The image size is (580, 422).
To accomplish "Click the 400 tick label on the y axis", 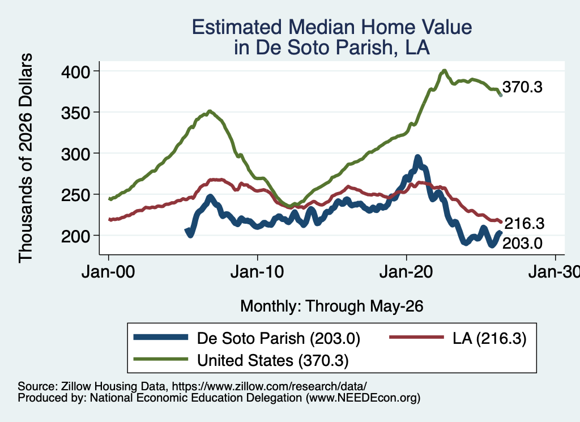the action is pos(75,71).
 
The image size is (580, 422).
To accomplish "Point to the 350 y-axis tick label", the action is pos(75,112).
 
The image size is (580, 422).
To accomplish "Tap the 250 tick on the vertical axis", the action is pos(75,195).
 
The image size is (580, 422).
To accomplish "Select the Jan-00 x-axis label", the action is pos(108,272).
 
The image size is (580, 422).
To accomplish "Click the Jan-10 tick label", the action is pos(257,272).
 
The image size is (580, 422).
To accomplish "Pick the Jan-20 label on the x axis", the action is pos(406,272).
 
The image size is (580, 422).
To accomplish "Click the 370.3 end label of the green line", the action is pos(522,87).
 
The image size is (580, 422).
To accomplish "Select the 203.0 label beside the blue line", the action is pos(522,244).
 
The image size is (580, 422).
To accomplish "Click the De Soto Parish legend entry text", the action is pos(279,338).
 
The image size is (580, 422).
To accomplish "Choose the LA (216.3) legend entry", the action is pos(489,338).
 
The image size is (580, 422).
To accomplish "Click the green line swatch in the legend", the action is pos(160,359).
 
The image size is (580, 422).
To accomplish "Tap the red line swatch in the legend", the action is pos(416,337).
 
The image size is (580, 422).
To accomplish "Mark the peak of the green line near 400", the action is pos(444,71).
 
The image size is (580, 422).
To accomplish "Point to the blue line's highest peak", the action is pos(418,157).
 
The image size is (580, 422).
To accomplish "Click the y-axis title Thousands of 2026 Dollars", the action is pos(25,158).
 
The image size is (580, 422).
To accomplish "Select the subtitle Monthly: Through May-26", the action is pos(332,306).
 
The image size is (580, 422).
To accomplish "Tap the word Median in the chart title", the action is pos(322,27).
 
